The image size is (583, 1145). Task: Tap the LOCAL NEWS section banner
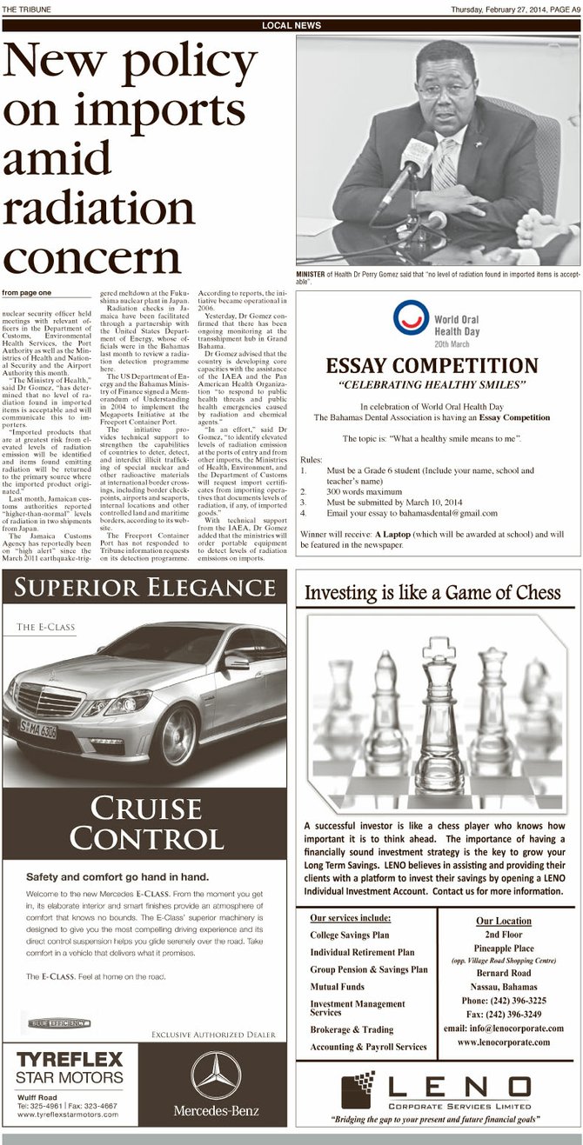coord(291,26)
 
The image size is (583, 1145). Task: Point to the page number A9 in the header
coord(571,10)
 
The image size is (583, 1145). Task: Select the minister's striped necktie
coord(446,164)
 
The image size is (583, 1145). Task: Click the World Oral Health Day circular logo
coord(410,318)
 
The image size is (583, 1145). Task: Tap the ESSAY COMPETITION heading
coord(432,365)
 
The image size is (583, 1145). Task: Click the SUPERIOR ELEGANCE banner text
coord(144,589)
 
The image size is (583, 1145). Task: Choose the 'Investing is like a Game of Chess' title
coord(432,593)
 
